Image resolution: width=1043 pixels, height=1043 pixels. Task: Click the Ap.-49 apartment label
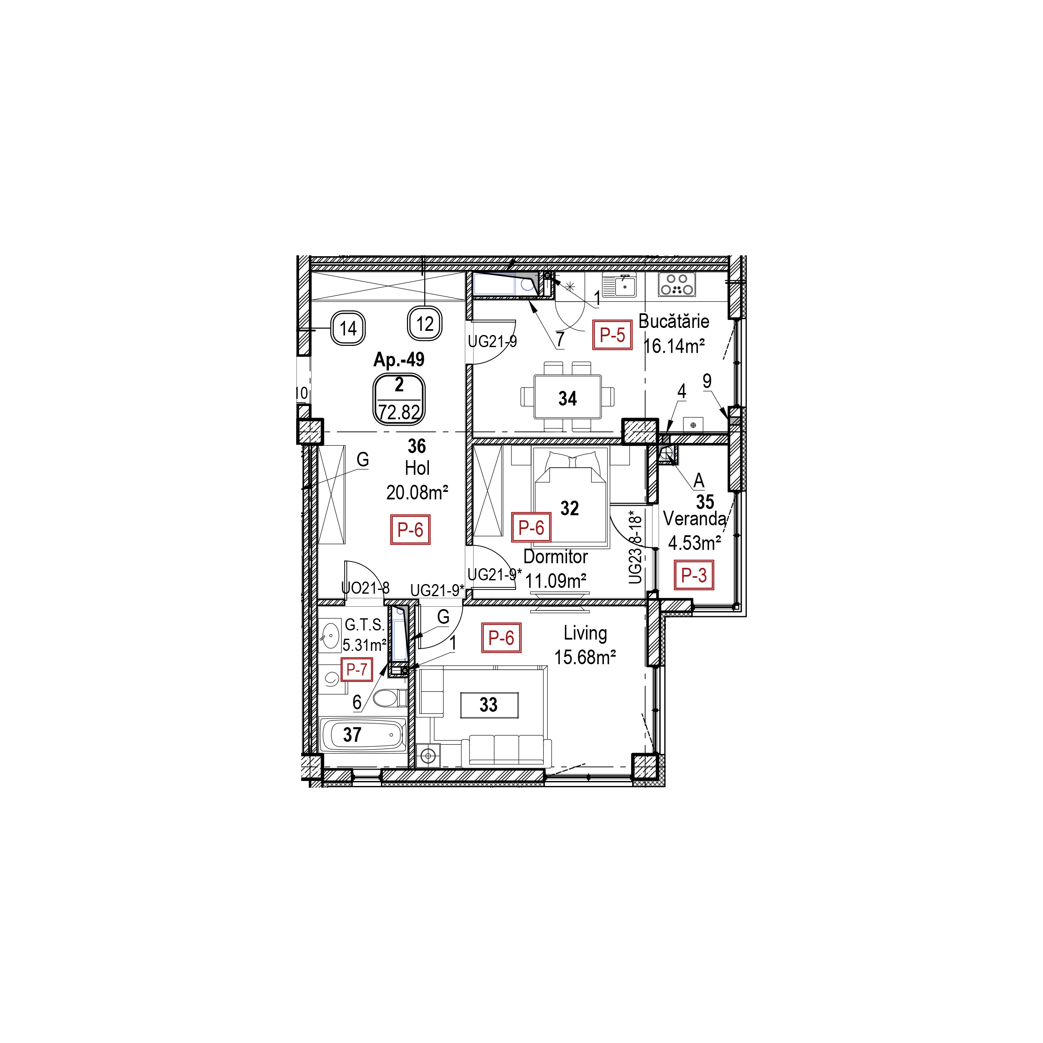point(398,360)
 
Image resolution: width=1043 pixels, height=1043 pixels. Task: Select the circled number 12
point(425,324)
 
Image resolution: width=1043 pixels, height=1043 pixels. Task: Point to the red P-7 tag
point(356,670)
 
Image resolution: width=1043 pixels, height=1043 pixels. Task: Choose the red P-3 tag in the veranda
point(694,575)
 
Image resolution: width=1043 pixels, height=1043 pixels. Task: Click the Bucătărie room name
point(674,321)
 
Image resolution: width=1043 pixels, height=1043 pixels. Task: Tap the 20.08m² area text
point(417,492)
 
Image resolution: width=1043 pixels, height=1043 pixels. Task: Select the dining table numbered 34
point(567,398)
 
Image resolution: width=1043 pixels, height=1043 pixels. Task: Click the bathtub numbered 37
point(362,734)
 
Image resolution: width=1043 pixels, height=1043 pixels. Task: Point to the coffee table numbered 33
point(489,705)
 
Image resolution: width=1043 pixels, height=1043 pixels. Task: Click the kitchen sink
point(619,285)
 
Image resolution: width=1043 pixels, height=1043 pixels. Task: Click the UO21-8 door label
point(365,588)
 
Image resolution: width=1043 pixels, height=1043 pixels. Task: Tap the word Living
point(585,633)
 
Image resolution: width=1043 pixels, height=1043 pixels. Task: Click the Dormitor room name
point(556,557)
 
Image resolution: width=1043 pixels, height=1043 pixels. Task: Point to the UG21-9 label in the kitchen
point(492,341)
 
